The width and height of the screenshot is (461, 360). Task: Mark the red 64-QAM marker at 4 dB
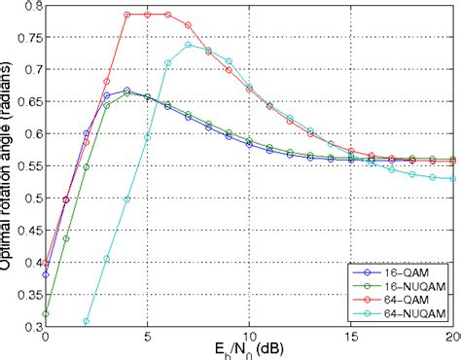click(127, 15)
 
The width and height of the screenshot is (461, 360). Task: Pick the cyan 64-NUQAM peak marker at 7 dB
click(189, 45)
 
